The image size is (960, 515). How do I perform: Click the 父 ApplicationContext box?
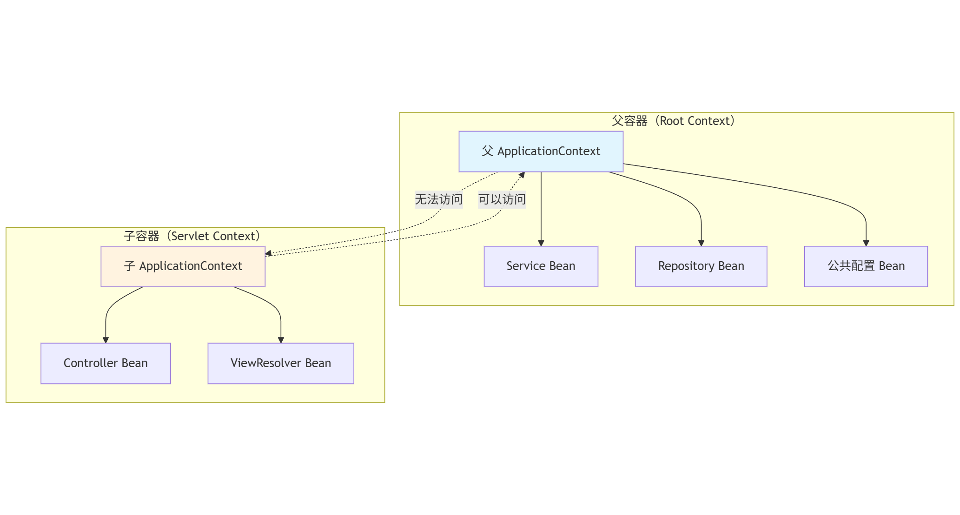point(541,152)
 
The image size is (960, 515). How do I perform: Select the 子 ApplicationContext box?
point(183,266)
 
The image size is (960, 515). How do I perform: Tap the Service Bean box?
point(541,266)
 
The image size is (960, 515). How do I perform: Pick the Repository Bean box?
point(701,266)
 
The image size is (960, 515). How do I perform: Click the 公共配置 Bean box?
point(866,266)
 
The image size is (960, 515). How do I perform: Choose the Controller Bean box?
point(106,363)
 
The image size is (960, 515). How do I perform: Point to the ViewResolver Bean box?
point(281,363)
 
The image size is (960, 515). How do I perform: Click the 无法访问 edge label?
point(438,199)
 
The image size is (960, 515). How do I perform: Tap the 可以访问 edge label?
point(502,199)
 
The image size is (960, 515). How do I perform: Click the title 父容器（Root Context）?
point(673,121)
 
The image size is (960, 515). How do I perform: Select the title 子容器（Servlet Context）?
point(192,236)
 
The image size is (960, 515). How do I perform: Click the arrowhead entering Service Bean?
point(541,243)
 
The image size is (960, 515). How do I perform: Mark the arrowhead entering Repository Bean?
point(701,243)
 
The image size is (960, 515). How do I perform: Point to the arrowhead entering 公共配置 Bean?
point(866,243)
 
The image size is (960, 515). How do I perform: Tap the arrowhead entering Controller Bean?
point(106,340)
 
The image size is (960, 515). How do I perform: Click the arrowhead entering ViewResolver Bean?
point(281,340)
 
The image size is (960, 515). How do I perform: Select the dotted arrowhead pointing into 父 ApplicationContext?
point(522,175)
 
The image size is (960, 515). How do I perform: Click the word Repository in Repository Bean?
point(686,266)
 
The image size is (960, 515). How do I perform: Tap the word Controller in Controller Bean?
point(90,363)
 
